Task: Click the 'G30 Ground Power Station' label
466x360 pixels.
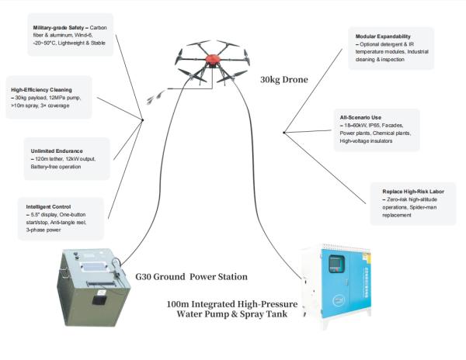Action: click(x=191, y=276)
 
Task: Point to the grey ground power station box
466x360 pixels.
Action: click(x=91, y=285)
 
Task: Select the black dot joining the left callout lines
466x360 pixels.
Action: click(x=143, y=119)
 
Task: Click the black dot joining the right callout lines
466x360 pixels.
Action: click(x=284, y=133)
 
